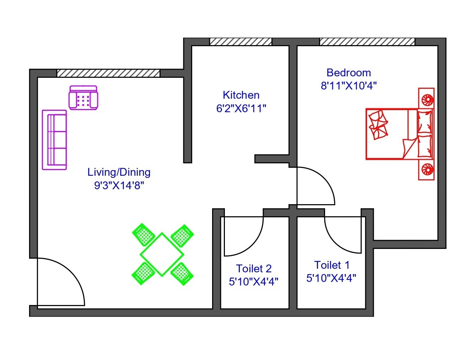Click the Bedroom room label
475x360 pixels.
[x=349, y=73]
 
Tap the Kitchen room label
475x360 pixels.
[x=241, y=95]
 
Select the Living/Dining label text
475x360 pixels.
[x=119, y=172]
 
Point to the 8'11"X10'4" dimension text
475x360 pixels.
[x=349, y=86]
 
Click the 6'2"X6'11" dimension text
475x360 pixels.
[x=241, y=109]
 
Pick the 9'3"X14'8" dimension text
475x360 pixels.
[x=119, y=186]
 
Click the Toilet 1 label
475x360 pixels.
[x=332, y=265]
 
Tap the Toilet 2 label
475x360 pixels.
[x=254, y=269]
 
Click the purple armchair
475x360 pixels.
[x=83, y=98]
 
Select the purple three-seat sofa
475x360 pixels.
[x=54, y=140]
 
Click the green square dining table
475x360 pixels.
[x=162, y=255]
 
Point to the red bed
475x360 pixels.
[x=400, y=134]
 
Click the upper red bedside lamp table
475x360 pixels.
[x=426, y=98]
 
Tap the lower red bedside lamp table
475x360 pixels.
[x=426, y=170]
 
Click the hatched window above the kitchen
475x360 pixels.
[x=241, y=42]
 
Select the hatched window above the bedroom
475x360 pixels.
[x=367, y=42]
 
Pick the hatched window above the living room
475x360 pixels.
[x=108, y=73]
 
